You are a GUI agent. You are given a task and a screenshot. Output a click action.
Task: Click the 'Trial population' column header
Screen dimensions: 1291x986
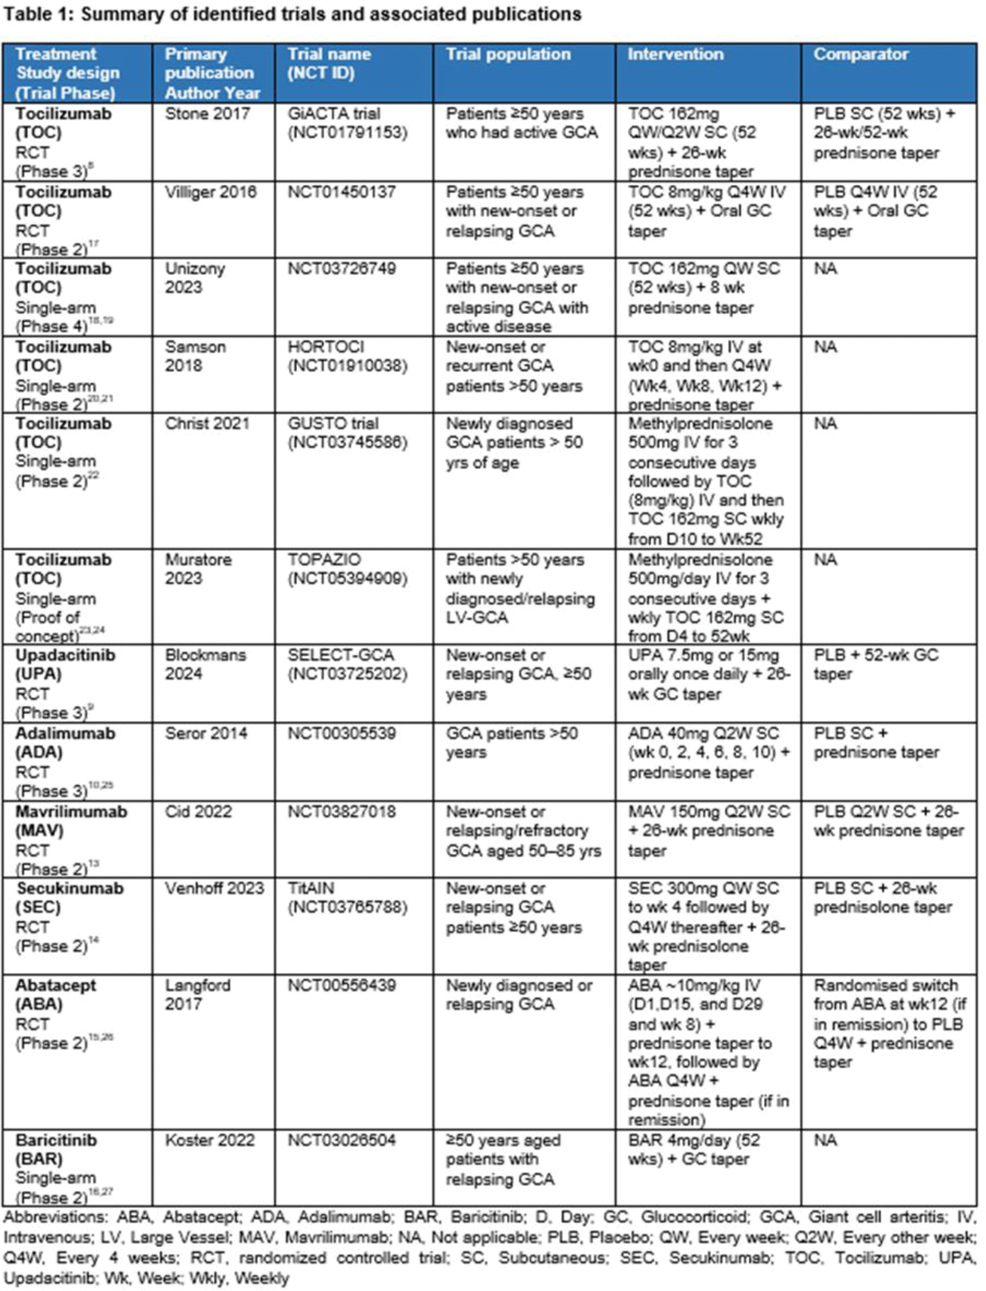pos(508,55)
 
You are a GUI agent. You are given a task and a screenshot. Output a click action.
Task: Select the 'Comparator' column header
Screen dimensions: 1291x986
pos(861,55)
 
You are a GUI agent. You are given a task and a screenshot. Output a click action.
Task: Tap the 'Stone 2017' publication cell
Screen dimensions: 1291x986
pos(207,114)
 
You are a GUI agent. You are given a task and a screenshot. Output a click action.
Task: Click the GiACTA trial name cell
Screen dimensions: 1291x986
pos(347,123)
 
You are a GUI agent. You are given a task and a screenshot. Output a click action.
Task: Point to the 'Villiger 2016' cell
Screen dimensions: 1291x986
pos(210,193)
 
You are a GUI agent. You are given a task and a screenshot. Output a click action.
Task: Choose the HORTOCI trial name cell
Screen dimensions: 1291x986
pos(347,356)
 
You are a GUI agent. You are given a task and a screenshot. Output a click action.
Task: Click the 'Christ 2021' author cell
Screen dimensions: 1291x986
pos(207,424)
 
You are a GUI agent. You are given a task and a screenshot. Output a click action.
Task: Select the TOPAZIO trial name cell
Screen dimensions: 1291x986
pos(347,569)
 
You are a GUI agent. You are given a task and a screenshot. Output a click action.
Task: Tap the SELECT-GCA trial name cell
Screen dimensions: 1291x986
pos(347,664)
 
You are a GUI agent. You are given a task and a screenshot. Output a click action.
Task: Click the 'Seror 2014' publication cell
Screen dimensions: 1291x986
pos(206,733)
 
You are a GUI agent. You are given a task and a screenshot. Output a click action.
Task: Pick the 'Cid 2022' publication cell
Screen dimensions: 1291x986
pos(198,811)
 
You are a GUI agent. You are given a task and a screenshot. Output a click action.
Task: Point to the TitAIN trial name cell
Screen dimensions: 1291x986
pos(347,897)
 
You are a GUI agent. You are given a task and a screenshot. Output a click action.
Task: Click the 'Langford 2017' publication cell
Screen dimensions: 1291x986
pos(197,995)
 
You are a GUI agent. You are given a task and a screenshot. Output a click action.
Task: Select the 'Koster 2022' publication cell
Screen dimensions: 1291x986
pos(209,1140)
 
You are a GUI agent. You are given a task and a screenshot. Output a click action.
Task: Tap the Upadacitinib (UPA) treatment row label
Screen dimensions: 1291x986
pos(65,664)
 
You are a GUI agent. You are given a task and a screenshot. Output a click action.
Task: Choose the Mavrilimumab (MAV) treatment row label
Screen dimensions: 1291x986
pos(70,821)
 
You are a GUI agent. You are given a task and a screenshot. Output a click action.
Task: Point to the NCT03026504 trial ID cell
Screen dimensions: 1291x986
pos(342,1140)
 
